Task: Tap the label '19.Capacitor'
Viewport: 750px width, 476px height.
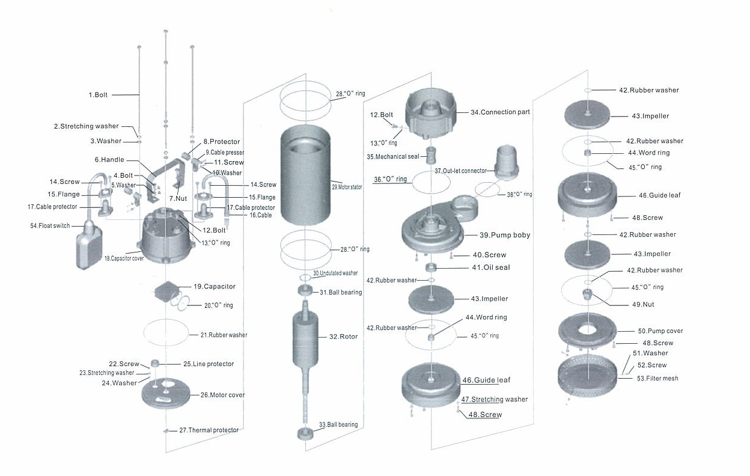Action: (x=214, y=287)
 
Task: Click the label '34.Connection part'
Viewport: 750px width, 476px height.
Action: (x=501, y=112)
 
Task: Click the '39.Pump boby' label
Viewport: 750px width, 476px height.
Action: (x=505, y=235)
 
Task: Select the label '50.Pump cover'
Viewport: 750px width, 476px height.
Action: (x=660, y=331)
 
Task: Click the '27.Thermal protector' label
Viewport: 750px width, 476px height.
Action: (x=209, y=430)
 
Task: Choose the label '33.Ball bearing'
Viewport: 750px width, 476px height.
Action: (x=338, y=425)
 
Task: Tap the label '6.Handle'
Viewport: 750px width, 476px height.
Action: (x=109, y=160)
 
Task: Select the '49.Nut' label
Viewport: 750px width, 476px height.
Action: (x=644, y=305)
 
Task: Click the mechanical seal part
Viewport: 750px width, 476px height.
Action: (x=431, y=156)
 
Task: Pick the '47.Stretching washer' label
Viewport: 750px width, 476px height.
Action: (x=495, y=400)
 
